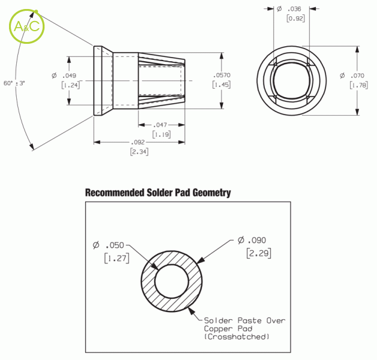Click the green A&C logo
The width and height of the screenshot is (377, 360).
tap(26, 26)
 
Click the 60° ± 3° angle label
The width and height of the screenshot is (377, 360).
tap(14, 83)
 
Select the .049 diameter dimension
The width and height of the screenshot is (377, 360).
tap(64, 76)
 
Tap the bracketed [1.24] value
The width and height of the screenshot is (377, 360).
tap(70, 85)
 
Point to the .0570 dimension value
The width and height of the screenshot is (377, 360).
tap(222, 75)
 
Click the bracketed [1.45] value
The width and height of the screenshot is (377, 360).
tap(222, 85)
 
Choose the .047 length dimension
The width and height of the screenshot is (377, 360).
tap(160, 125)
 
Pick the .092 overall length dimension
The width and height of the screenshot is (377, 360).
tap(137, 142)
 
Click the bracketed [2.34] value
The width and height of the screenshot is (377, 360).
tap(139, 152)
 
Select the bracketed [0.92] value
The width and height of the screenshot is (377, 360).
tap(296, 18)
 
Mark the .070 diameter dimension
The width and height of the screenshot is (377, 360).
tap(352, 76)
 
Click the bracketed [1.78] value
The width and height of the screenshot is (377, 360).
tap(359, 85)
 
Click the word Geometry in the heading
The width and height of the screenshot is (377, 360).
tap(211, 193)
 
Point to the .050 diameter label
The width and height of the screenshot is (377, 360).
tap(109, 245)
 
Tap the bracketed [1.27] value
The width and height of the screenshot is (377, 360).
tap(117, 258)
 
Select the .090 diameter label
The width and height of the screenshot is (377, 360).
tap(252, 240)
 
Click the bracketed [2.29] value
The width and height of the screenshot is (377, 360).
tap(259, 253)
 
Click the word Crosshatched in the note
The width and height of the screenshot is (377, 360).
tap(237, 337)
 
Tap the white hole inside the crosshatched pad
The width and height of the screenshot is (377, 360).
tap(172, 281)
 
